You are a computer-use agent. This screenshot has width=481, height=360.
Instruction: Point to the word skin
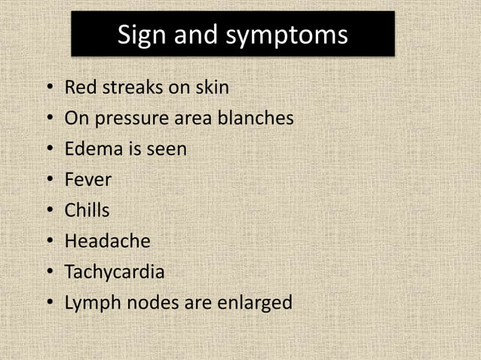[210, 88]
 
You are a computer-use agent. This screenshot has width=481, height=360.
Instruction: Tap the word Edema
[90, 149]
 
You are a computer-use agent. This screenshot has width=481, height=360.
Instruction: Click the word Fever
[87, 180]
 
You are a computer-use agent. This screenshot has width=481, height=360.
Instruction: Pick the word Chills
[87, 211]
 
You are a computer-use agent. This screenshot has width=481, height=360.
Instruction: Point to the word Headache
[107, 241]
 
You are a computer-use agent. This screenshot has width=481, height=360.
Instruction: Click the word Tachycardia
[114, 273]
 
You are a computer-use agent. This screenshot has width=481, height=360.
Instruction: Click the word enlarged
[253, 304]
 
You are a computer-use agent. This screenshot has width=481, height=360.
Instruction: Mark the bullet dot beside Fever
[50, 181]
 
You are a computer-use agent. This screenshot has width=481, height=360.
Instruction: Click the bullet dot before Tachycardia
[50, 273]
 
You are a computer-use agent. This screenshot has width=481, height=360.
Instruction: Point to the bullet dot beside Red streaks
[50, 89]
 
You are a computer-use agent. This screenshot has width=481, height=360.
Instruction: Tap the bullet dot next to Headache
[50, 242]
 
